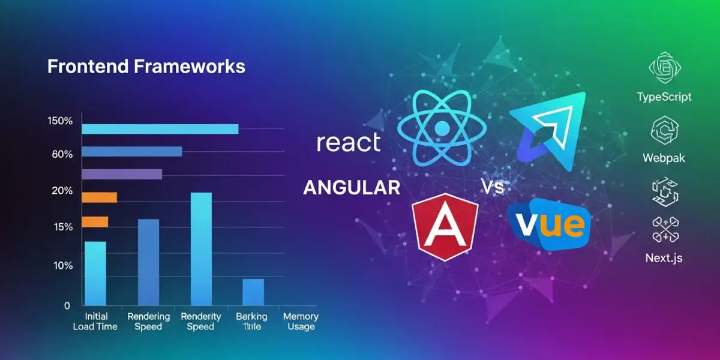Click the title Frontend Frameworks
(x=146, y=66)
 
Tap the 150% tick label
(x=59, y=121)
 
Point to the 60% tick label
(x=62, y=154)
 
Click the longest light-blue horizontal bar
(x=160, y=129)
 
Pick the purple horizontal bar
(x=122, y=174)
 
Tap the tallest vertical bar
(x=201, y=248)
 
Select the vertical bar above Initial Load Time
(x=95, y=273)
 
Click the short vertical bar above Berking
(x=253, y=292)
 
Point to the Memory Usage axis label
(x=300, y=321)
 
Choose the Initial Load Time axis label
(x=95, y=321)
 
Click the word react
(x=349, y=143)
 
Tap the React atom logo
(x=442, y=128)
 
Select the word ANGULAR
(x=352, y=188)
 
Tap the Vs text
(x=492, y=188)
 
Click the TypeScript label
(x=664, y=97)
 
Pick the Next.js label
(x=664, y=259)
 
